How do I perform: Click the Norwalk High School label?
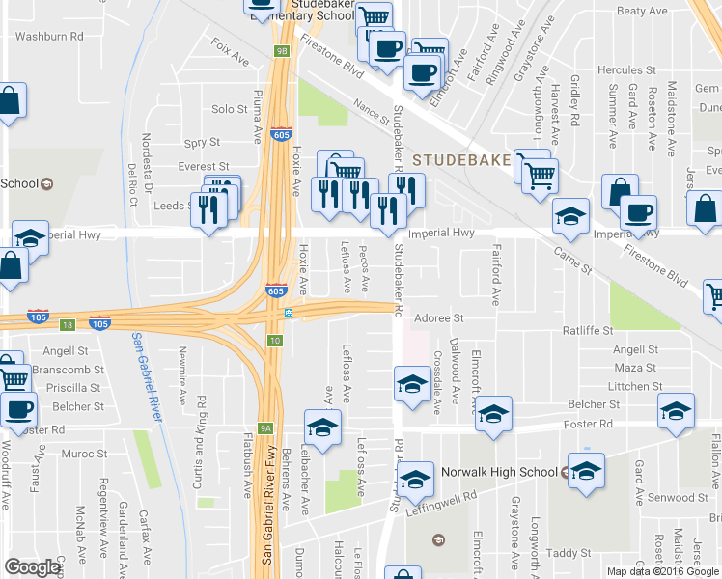point(498,472)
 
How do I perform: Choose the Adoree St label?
point(439,317)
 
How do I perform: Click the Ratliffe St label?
point(588,331)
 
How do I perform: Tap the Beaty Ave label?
point(642,12)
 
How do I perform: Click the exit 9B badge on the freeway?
point(281,51)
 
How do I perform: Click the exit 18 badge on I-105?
point(67,326)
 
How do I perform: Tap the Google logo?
point(33,567)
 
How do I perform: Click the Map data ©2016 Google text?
point(662,571)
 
